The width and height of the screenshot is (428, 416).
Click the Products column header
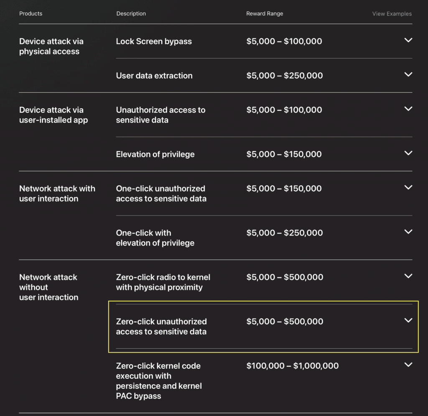[x=31, y=14]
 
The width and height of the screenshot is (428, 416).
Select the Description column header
[x=131, y=14]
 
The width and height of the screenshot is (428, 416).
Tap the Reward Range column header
[x=265, y=14]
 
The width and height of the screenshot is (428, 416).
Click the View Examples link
[x=392, y=14]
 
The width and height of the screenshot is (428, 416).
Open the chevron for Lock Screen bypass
[x=408, y=41]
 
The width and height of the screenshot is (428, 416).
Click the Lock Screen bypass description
[x=154, y=41]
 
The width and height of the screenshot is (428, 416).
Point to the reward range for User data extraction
[x=284, y=76]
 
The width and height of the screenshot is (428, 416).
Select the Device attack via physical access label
[x=51, y=46]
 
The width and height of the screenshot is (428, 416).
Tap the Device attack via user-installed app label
[x=53, y=115]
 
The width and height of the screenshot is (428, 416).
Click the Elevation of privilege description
[x=155, y=154]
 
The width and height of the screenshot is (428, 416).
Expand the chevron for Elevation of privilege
[x=408, y=153]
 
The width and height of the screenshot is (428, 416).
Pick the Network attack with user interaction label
[x=57, y=193]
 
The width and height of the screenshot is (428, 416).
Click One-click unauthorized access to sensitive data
[x=161, y=193]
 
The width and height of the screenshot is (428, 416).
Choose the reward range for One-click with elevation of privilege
[x=284, y=233]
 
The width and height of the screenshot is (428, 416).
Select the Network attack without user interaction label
[x=48, y=287]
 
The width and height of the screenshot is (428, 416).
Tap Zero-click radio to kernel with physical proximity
[x=163, y=282]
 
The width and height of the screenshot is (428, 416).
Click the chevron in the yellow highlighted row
[x=408, y=320]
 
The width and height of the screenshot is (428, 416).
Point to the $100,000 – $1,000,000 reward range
[x=292, y=366]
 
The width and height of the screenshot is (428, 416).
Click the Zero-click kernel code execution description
[x=159, y=380]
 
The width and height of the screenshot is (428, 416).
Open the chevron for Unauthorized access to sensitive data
[x=408, y=109]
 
